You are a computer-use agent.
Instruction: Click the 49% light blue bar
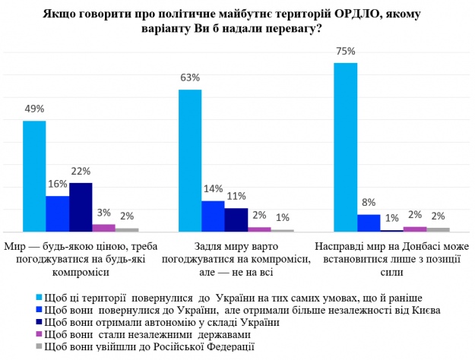coord(34,176)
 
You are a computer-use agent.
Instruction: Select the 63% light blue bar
coord(189,160)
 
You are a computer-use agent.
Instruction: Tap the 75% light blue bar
coord(345,147)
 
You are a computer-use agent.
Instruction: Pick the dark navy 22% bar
coord(81,207)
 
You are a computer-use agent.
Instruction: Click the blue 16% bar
coord(58,213)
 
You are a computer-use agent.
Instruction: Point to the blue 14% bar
coord(213,216)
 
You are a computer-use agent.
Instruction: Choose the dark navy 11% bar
coord(236,219)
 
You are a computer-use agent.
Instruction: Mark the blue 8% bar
coord(369,223)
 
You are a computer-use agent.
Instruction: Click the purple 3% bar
coord(104,227)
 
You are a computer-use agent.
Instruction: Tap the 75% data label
coord(346,52)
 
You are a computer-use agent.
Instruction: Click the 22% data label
coord(81,172)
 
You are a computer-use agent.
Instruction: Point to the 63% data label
coord(190,78)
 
